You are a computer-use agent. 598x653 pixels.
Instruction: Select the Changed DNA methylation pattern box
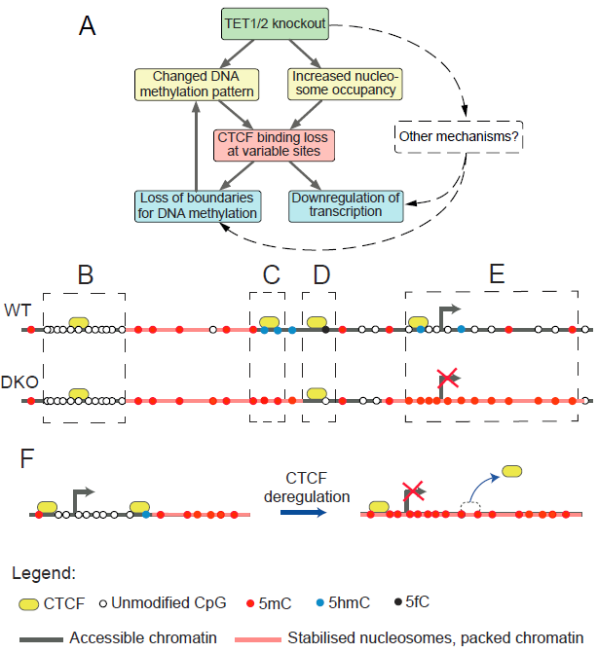[x=196, y=83]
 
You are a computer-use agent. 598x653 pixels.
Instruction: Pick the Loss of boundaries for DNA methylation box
[x=197, y=205]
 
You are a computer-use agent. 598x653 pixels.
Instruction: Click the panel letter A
[x=88, y=28]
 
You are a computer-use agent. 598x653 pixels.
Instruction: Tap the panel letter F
[x=29, y=458]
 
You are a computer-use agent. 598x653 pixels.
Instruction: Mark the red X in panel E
[x=447, y=378]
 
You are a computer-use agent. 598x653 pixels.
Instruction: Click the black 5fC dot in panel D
[x=325, y=331]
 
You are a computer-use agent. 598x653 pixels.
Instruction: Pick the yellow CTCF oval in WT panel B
[x=79, y=321]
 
